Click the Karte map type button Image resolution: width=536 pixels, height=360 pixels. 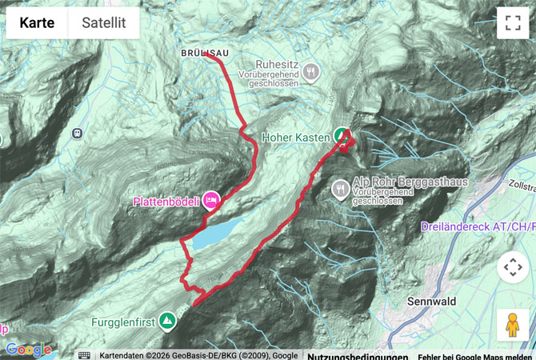tap(37, 22)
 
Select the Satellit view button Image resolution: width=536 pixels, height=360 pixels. tap(104, 22)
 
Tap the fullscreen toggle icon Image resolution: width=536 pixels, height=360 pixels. tap(513, 22)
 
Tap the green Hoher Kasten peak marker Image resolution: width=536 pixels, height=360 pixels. tap(342, 135)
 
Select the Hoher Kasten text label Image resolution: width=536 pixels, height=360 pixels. tap(297, 137)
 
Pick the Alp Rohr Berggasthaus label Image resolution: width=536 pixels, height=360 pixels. tap(410, 182)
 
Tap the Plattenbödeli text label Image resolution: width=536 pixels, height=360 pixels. tap(166, 201)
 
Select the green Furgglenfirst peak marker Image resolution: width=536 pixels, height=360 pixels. tap(167, 322)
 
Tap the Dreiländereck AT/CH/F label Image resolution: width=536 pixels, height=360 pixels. tap(478, 227)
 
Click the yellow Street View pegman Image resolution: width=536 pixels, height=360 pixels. tap(513, 324)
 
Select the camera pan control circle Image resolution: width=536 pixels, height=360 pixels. tap(513, 266)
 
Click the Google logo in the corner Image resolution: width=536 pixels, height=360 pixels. tap(28, 350)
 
